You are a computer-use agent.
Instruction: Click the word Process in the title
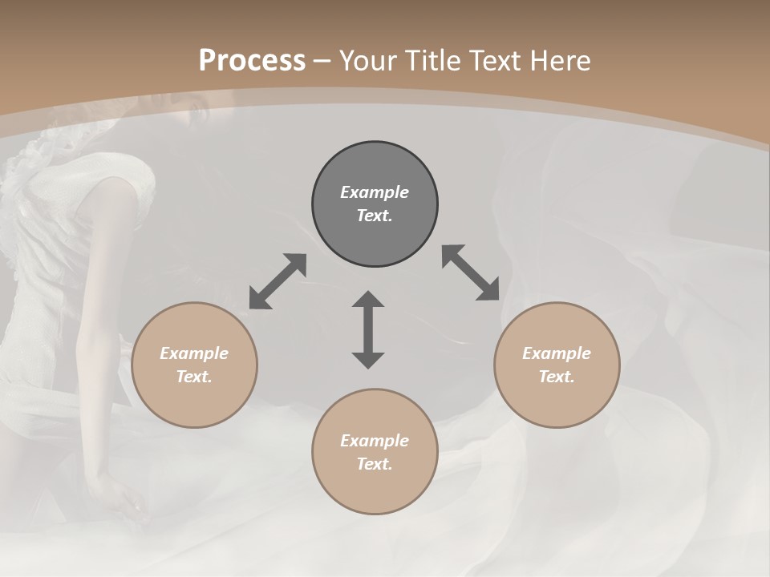tap(252, 61)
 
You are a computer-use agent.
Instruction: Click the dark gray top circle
tap(375, 168)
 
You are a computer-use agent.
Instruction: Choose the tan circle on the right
tap(557, 401)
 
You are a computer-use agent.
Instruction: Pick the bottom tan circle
tap(375, 489)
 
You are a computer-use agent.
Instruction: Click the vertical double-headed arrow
tap(368, 329)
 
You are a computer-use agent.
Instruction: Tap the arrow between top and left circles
tap(278, 281)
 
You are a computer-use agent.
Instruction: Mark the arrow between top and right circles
tap(471, 272)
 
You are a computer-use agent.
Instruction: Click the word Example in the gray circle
tap(375, 192)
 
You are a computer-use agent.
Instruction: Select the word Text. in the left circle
tap(194, 377)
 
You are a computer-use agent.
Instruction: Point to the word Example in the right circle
tap(557, 353)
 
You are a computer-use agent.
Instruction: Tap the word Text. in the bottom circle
tap(375, 464)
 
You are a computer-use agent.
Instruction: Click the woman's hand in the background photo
tap(120, 501)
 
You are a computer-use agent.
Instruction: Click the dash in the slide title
tap(322, 61)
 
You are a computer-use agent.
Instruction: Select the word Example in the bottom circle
tap(375, 441)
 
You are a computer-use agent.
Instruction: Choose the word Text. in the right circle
tap(557, 377)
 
